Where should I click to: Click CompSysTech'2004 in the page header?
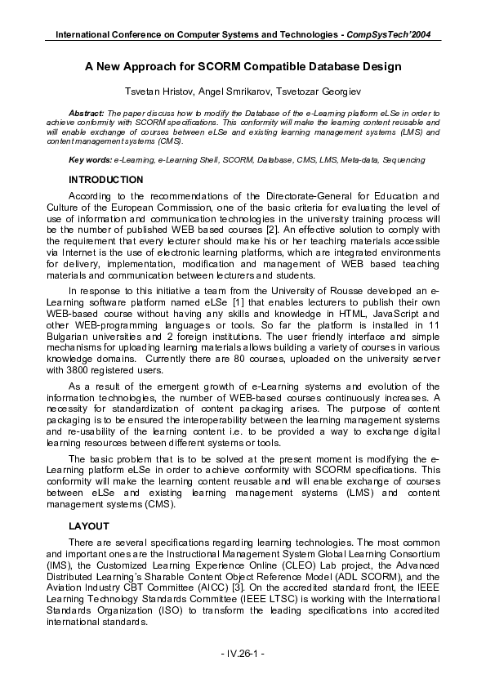coord(389,35)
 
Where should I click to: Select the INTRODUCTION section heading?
coord(106,180)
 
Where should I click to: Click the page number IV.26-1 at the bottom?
coord(243,655)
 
